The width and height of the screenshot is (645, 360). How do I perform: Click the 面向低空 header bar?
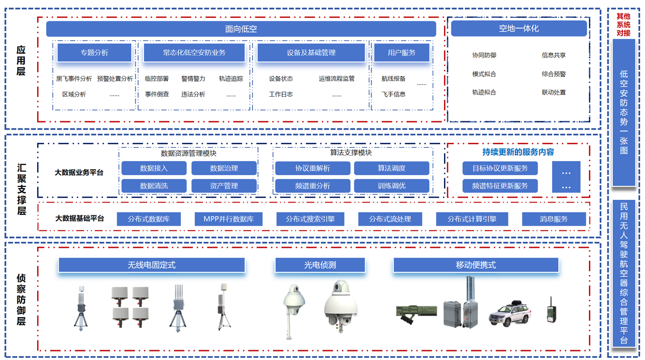(x=241, y=29)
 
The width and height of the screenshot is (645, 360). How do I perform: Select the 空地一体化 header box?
(x=519, y=28)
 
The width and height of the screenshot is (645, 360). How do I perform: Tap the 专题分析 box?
(x=95, y=53)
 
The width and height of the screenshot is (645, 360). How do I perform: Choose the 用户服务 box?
(x=402, y=53)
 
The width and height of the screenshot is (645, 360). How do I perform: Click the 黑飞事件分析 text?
(x=74, y=78)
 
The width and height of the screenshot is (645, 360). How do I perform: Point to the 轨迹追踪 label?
(x=231, y=78)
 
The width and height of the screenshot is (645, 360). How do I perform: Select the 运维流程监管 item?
(x=336, y=78)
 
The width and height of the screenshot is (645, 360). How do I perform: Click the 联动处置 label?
(x=554, y=92)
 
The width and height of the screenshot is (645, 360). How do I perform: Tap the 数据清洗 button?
(x=154, y=186)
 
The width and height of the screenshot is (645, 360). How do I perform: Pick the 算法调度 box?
(x=392, y=168)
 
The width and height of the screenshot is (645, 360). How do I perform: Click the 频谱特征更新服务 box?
(x=500, y=186)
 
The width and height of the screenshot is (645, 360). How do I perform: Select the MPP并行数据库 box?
(x=228, y=219)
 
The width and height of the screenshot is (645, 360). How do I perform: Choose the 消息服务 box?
(x=554, y=219)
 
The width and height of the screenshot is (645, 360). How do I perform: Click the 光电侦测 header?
(x=320, y=265)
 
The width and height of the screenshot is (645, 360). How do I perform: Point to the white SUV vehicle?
(x=510, y=314)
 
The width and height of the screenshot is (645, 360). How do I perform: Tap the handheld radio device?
(x=551, y=311)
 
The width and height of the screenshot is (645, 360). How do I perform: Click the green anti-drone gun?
(x=417, y=314)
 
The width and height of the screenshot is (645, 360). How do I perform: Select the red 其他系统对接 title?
(x=623, y=25)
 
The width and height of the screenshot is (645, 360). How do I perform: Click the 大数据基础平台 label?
(x=80, y=218)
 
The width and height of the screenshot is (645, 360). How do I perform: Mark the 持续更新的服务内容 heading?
(x=518, y=152)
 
